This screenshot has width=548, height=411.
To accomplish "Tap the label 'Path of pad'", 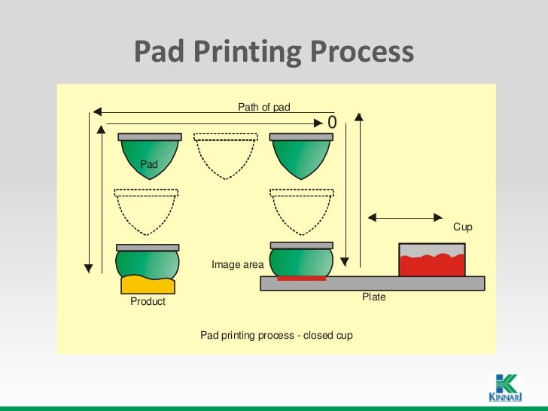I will tap(263, 108).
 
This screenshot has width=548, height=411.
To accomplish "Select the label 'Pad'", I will tap(149, 163).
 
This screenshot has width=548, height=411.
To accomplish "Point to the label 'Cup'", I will tap(462, 227).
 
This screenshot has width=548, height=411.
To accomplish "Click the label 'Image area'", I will tap(237, 264).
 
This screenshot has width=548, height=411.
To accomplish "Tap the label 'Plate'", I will tap(373, 297).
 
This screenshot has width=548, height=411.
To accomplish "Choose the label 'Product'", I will tap(148, 301).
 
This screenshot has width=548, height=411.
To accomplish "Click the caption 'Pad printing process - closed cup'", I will tap(276, 335).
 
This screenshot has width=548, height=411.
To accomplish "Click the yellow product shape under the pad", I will tap(148, 285).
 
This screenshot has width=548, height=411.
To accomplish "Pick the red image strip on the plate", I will tap(301, 279).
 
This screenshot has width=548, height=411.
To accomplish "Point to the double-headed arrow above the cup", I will tap(406, 218).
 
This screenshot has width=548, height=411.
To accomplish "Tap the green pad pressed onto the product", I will tap(148, 263).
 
